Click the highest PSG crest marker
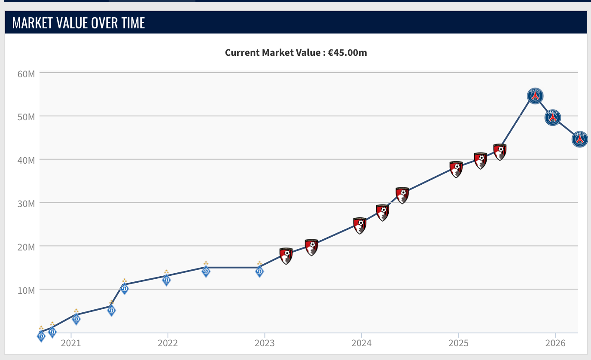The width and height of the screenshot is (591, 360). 535,96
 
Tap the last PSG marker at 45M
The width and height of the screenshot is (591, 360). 580,139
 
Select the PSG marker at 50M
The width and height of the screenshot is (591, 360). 553,117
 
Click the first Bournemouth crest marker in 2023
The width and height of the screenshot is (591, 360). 286,256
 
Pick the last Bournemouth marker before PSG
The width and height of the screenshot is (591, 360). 500,152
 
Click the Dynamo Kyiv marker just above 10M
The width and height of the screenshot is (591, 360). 125,287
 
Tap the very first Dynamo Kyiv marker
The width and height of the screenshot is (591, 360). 41,334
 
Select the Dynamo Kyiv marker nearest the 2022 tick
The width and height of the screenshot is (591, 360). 167,278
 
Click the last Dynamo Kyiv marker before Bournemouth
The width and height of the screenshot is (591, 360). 259,269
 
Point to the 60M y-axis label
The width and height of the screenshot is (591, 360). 26,74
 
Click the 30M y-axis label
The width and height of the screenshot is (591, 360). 26,204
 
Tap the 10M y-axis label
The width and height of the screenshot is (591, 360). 26,290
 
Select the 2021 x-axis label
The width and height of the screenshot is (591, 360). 71,343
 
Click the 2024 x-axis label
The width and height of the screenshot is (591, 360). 362,343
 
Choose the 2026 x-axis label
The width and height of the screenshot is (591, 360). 555,343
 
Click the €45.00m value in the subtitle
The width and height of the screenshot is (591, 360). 347,52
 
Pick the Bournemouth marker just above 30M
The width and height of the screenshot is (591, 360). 402,195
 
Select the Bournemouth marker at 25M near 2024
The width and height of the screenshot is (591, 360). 360,226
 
